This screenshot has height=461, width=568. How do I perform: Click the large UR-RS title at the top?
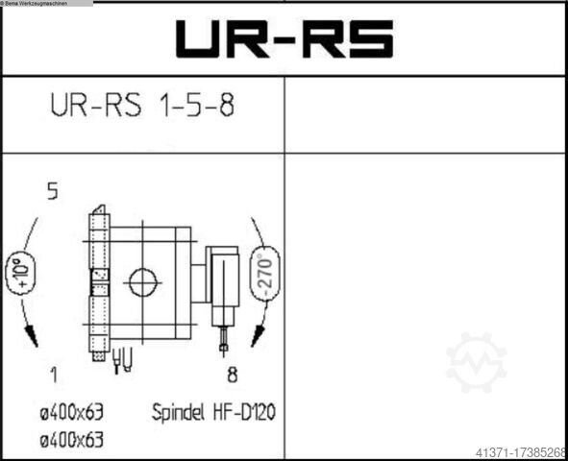[284, 39]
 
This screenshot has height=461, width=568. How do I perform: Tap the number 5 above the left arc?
[52, 192]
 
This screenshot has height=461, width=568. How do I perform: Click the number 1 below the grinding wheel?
[53, 374]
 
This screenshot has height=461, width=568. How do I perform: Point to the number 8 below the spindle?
[232, 374]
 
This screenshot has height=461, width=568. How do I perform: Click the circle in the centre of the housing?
[142, 281]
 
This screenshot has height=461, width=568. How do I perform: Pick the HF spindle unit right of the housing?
[223, 279]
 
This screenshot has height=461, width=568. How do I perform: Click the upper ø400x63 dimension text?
[72, 412]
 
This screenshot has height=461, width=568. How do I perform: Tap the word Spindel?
[183, 413]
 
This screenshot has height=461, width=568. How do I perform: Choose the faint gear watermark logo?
[476, 362]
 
